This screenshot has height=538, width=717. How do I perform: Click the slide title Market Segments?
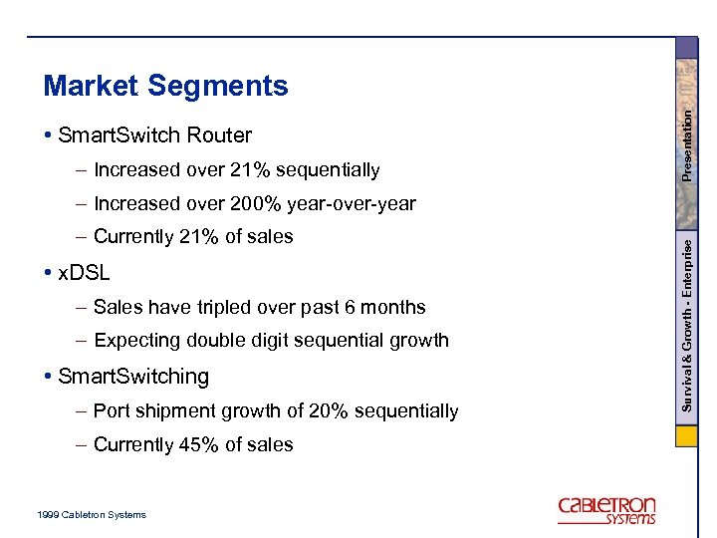pyautogui.click(x=165, y=87)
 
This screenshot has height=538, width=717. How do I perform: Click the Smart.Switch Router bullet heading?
pyautogui.click(x=154, y=134)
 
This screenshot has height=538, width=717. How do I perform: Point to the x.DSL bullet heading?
pyautogui.click(x=84, y=272)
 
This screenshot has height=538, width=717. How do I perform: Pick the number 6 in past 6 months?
pyautogui.click(x=352, y=308)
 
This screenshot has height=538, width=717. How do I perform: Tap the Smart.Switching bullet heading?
pyautogui.click(x=133, y=377)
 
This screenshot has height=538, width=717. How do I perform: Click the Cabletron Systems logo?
pyautogui.click(x=606, y=509)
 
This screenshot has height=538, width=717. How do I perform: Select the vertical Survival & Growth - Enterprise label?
pyautogui.click(x=686, y=324)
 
